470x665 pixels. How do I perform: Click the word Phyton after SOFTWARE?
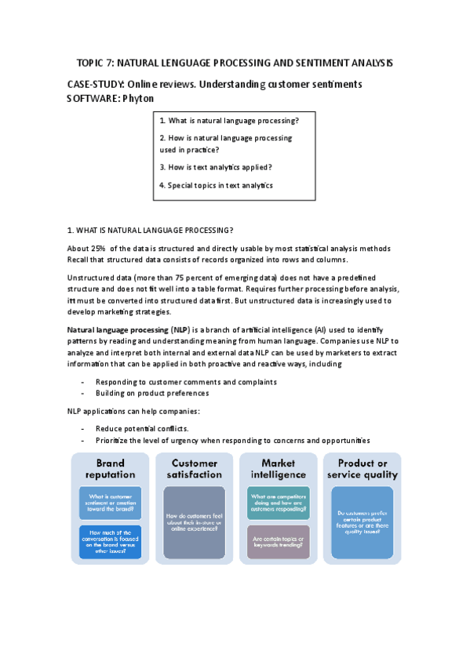click(x=138, y=98)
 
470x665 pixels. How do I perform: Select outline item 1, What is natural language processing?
click(x=228, y=121)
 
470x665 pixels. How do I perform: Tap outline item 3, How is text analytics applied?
click(x=216, y=166)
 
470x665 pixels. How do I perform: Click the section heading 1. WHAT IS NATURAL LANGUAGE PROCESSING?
click(x=150, y=230)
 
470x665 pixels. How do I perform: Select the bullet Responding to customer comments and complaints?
click(x=186, y=382)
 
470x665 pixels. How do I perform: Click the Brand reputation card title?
click(x=110, y=468)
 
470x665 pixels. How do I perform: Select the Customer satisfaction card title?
click(x=195, y=468)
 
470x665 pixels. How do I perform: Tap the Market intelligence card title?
click(x=278, y=468)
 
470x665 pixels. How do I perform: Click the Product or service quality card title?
click(x=363, y=468)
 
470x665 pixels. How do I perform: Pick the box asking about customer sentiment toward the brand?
click(x=111, y=503)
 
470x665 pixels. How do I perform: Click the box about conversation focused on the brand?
click(x=111, y=541)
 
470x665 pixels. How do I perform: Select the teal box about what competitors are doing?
click(x=279, y=502)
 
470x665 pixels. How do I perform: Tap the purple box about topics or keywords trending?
click(x=279, y=541)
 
